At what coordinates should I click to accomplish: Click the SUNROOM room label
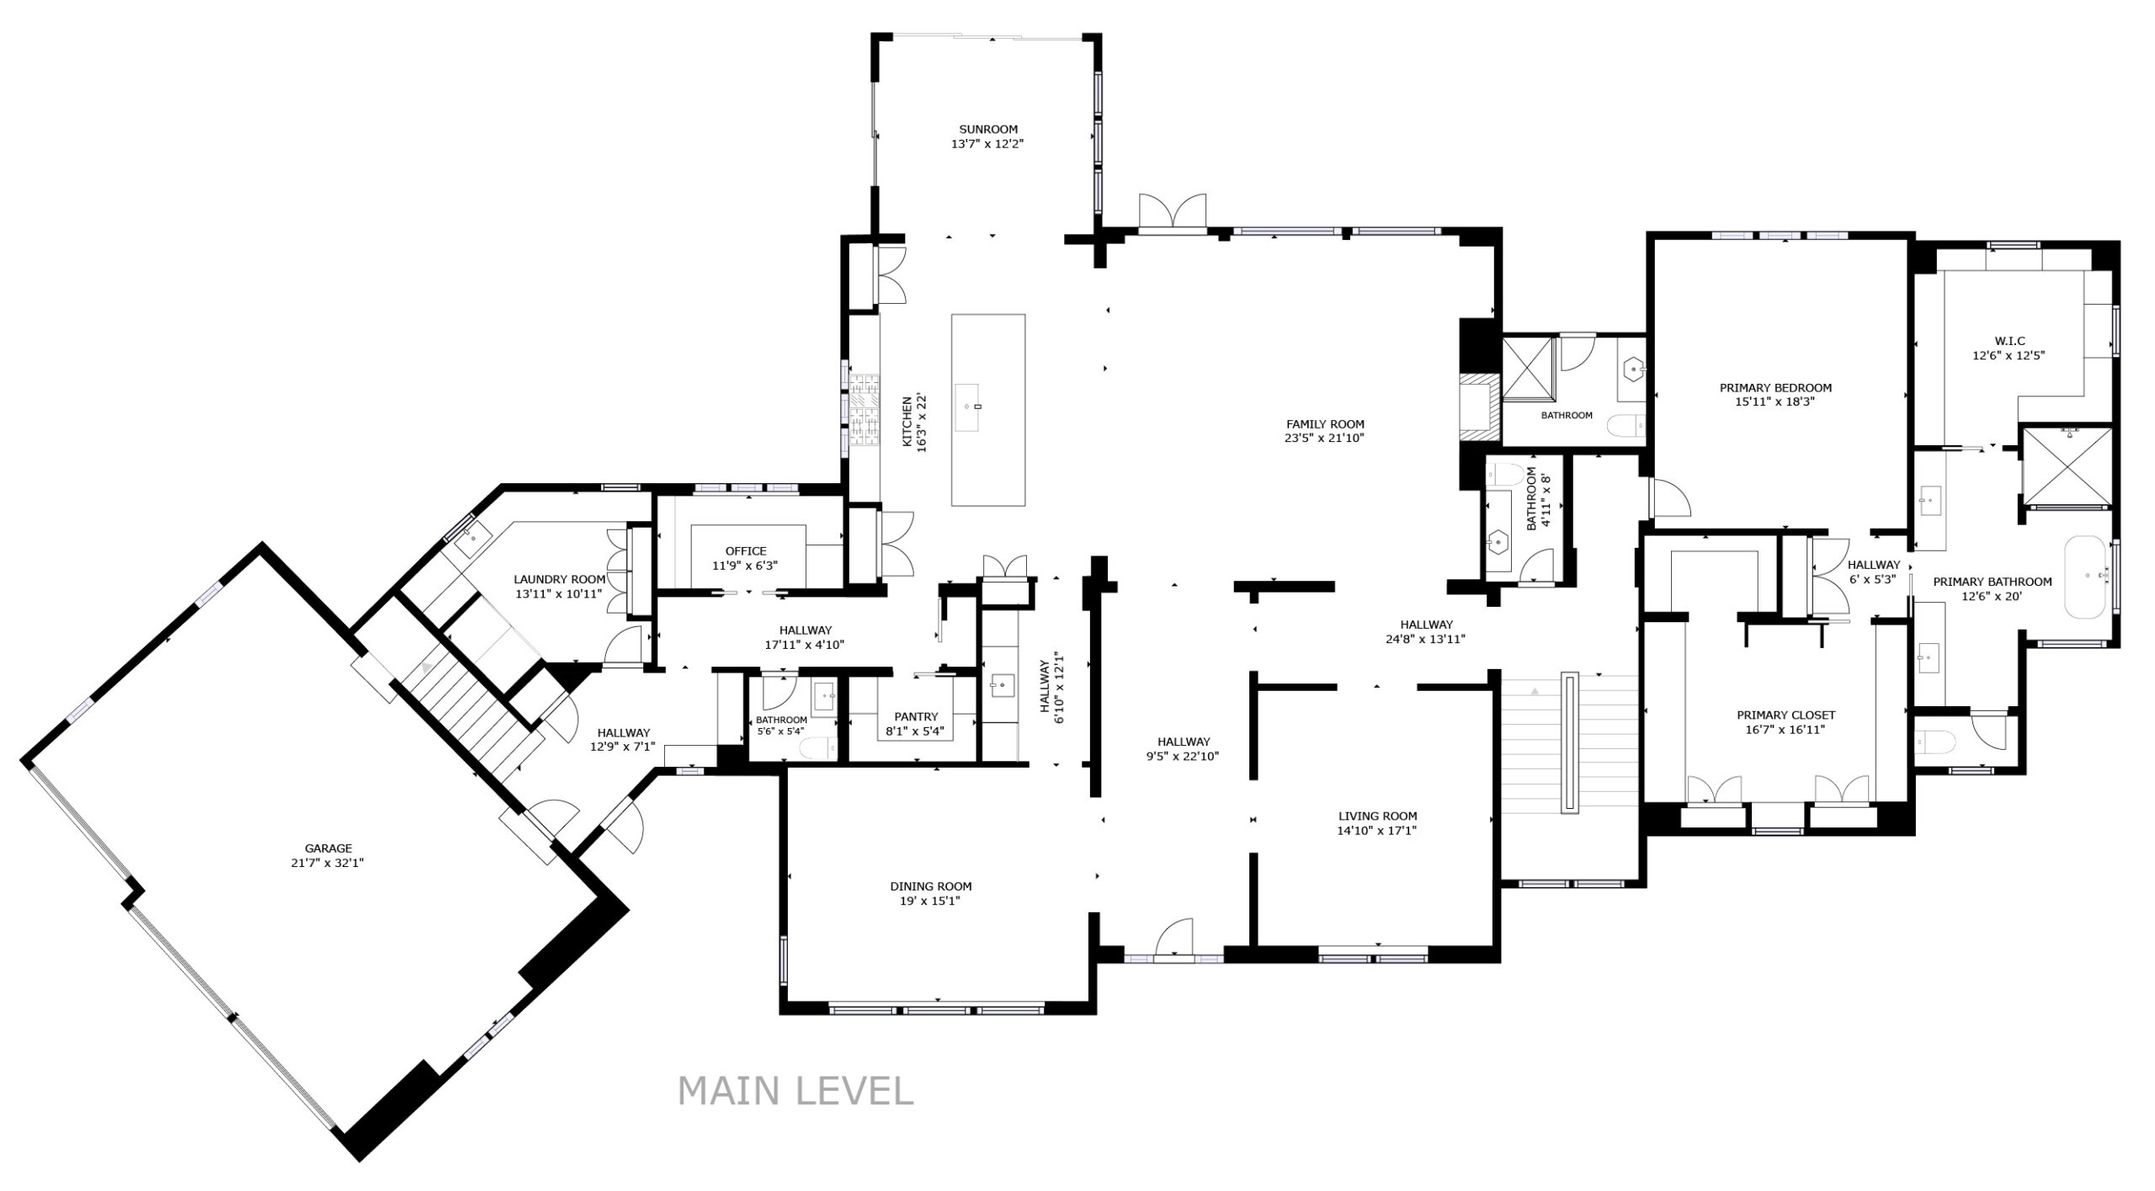(988, 129)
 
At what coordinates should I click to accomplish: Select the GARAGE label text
(328, 848)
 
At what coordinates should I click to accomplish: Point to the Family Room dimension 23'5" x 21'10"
(1325, 438)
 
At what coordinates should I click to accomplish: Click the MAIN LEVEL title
(795, 1091)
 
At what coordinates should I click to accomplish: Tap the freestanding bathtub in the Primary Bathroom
(2087, 576)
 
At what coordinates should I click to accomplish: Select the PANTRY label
(916, 716)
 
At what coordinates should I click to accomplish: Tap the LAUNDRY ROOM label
(560, 579)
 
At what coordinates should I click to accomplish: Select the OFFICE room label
(746, 551)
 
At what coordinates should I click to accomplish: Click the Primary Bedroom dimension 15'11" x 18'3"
(1775, 401)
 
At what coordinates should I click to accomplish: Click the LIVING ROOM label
(1377, 816)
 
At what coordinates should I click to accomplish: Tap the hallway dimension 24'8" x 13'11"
(1426, 638)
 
